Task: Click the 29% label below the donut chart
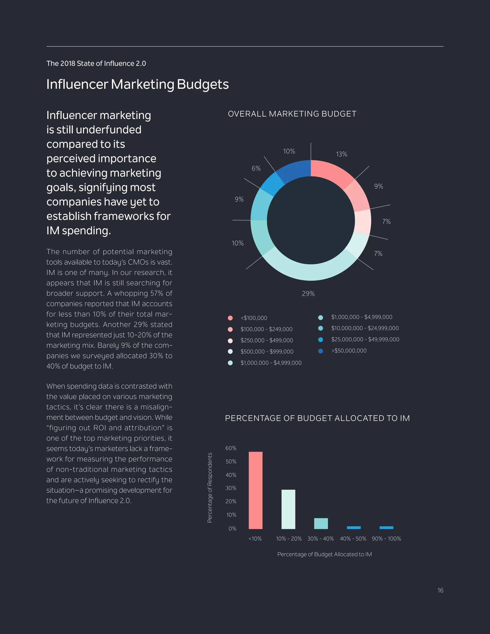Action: click(x=308, y=294)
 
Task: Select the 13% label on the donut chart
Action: click(x=341, y=154)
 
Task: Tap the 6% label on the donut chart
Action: click(x=256, y=168)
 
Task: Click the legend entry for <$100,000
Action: click(x=253, y=318)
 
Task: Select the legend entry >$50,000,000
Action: click(x=349, y=351)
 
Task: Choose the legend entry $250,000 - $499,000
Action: click(x=267, y=340)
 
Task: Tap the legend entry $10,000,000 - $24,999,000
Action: click(x=365, y=328)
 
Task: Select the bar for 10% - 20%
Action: click(x=288, y=509)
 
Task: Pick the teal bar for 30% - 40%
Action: click(x=321, y=523)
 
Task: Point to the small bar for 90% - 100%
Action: click(x=386, y=528)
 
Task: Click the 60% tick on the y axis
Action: click(x=231, y=448)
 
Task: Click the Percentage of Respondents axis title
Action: click(x=210, y=488)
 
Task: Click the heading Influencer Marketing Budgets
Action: click(x=137, y=84)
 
